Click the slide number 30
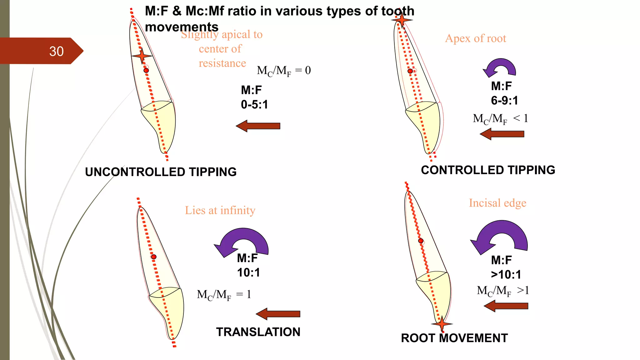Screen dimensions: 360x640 coord(56,51)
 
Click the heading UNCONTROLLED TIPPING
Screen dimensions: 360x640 coord(161,172)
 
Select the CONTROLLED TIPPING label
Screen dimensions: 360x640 coord(488,170)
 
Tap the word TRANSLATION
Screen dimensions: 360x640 coord(258,332)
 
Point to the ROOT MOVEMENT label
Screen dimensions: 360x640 coord(454,338)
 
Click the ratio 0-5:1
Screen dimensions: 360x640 coord(254,104)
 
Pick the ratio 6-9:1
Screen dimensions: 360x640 coord(504,101)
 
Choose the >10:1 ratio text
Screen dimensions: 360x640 coord(506,275)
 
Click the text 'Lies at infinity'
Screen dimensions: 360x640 coord(220,210)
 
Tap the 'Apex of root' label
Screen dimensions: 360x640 coord(475,38)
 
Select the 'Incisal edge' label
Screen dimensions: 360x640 coord(497,203)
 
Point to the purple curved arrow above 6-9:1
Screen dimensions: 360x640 coord(500,67)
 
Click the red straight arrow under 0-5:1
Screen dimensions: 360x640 coord(258,126)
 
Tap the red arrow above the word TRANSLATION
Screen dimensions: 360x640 coord(278,314)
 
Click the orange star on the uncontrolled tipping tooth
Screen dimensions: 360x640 coord(142,56)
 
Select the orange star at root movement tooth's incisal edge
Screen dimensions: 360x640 coord(442,324)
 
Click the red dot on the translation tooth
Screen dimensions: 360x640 coord(154,257)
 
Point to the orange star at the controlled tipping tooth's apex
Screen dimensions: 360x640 coord(402,20)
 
